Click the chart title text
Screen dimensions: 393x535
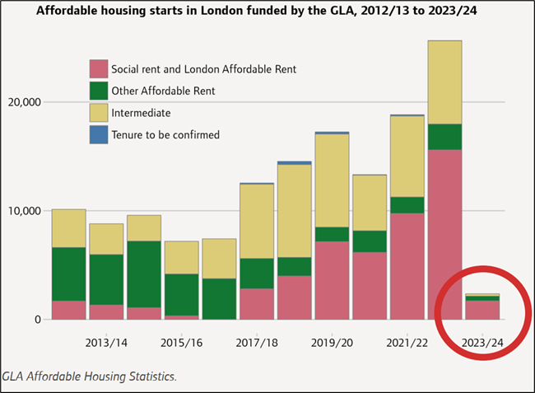267,12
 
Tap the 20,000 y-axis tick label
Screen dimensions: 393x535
25,102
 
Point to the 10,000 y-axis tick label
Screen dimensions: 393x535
25,211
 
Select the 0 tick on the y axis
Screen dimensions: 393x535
37,320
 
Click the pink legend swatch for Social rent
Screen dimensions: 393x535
99,69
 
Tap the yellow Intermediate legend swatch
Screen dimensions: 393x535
99,113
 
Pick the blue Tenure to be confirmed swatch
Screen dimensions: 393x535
99,134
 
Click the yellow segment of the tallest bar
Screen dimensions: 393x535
444,82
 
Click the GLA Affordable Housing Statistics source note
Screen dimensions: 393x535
90,377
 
